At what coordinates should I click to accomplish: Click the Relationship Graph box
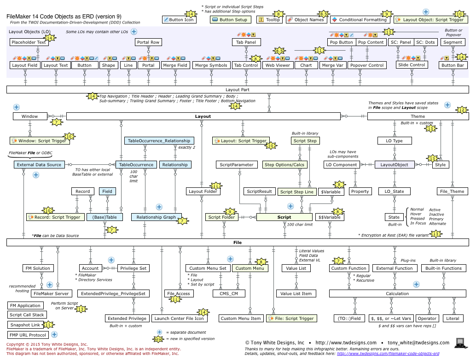click(156, 217)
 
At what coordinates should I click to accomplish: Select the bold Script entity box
click(284, 217)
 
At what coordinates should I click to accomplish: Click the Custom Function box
click(348, 268)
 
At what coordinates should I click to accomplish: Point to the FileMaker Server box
click(51, 293)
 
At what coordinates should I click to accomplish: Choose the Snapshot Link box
click(24, 325)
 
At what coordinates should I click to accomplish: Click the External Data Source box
click(39, 164)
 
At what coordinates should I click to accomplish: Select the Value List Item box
click(296, 293)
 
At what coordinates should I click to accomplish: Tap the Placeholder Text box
click(29, 42)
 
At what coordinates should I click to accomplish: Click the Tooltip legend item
click(269, 20)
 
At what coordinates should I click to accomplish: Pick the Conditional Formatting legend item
click(360, 20)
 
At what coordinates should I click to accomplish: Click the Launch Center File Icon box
click(179, 318)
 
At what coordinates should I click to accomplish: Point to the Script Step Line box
click(296, 192)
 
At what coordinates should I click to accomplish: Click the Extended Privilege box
click(127, 318)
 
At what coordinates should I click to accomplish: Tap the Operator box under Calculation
click(427, 318)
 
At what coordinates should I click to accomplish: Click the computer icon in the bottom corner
click(459, 343)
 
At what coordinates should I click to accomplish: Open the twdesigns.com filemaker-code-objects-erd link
click(388, 354)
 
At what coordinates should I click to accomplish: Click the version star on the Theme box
click(461, 110)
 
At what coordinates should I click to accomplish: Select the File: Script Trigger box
click(292, 318)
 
